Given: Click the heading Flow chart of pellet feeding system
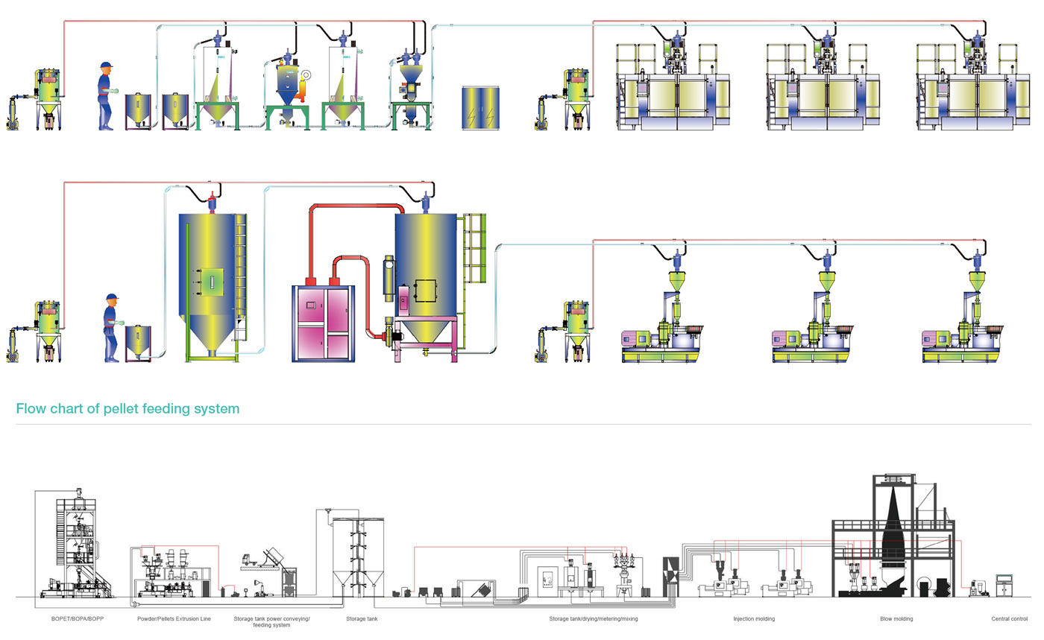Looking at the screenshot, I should point(128,408).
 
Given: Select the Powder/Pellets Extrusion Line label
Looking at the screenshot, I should point(174,619).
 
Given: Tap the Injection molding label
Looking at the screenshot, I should point(754,619).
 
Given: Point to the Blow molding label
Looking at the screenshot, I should point(896,619).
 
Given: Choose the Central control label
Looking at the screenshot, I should point(1009,619).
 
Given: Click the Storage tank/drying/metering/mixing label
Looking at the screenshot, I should point(593,619).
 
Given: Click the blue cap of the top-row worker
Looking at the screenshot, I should point(106,66).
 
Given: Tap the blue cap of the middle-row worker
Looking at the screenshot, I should point(112,297).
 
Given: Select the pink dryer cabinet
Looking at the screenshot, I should point(324,320).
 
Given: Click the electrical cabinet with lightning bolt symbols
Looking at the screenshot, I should point(480,108).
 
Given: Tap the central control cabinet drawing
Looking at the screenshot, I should point(1004,585).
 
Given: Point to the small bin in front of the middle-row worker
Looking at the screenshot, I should point(137,342).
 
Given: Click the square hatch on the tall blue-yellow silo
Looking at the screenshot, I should point(212,282).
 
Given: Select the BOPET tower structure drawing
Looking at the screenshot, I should point(78,544).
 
